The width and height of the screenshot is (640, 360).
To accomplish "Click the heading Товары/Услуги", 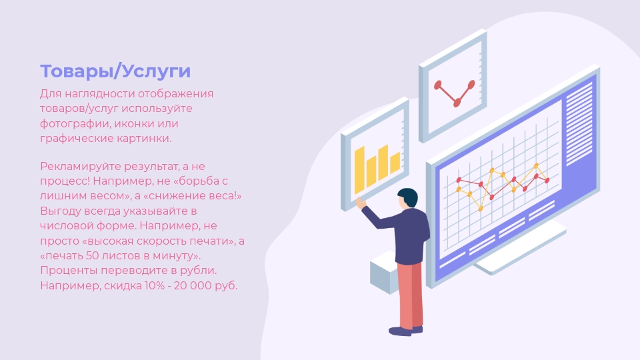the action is (115, 71).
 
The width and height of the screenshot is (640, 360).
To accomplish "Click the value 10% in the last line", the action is (153, 286).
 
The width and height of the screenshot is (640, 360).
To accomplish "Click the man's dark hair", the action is (408, 197).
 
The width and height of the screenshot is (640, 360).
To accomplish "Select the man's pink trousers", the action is (410, 295).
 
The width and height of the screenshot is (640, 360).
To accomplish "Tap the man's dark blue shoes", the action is (405, 331).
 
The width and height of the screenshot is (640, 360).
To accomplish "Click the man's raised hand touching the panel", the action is (360, 202).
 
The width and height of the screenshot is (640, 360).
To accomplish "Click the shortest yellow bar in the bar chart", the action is (395, 163).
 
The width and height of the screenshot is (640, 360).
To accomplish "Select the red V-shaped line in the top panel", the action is (455, 93).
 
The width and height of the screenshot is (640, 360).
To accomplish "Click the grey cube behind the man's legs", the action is (384, 273).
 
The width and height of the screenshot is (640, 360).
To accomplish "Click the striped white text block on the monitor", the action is (579, 123).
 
